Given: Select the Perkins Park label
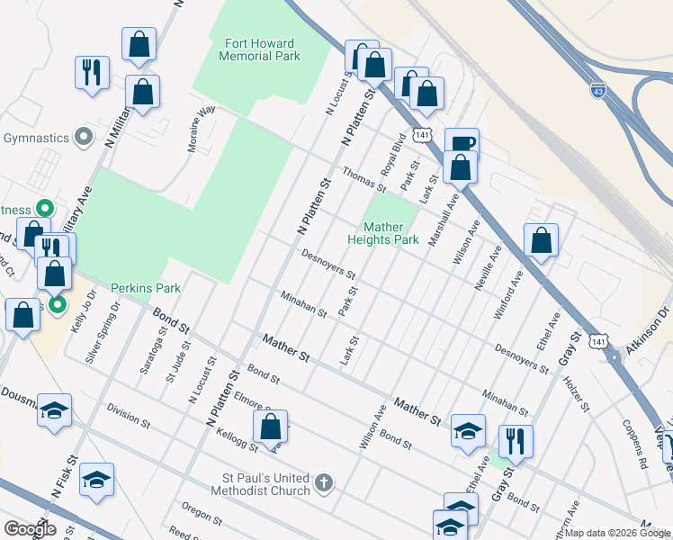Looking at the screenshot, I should click(146, 288).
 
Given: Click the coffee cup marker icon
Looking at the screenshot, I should click(462, 143).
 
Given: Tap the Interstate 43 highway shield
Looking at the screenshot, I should click(598, 90).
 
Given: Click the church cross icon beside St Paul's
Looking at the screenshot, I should click(324, 484).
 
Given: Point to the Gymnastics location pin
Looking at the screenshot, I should click(84, 138).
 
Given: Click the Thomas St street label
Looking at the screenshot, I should click(363, 180).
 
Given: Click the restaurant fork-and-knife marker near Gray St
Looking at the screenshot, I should click(516, 440).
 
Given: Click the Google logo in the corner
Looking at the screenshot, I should click(30, 528).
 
